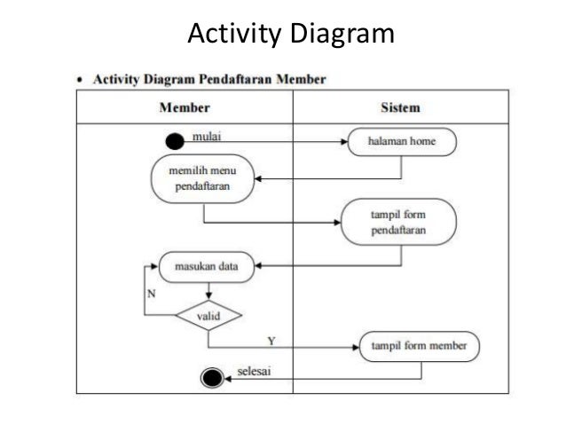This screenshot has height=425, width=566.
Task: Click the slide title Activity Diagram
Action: [290, 34]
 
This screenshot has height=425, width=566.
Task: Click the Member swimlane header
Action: [184, 107]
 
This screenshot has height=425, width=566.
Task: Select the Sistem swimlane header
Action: [399, 107]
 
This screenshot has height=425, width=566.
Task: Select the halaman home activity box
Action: [402, 141]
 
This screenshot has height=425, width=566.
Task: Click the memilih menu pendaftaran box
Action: [204, 180]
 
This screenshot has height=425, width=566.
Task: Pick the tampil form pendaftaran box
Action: [398, 222]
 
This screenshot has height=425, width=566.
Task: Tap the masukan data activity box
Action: [206, 265]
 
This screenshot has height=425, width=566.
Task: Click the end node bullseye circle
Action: [211, 379]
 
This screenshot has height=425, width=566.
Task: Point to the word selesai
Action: [254, 370]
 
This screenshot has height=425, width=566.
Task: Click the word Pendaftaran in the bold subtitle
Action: [245, 80]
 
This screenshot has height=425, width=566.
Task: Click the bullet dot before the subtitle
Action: [82, 80]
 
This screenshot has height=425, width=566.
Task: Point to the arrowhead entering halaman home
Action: [342, 141]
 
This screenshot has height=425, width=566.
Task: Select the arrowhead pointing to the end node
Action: [228, 379]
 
